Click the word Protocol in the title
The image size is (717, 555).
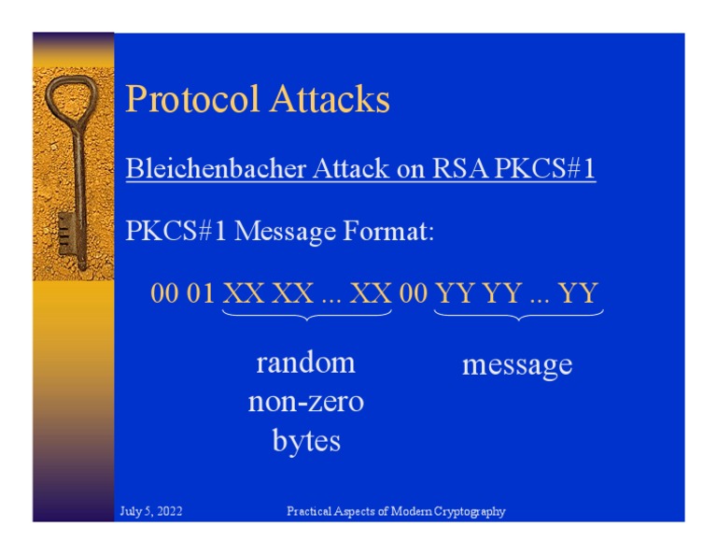pos(188,99)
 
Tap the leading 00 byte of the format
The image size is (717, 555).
pos(164,294)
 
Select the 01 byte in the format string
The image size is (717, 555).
pos(201,294)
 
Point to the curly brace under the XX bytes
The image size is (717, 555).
pos(306,317)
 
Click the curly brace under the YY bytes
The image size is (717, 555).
pos(518,317)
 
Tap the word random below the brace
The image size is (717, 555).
pos(305,363)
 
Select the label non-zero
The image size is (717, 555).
pos(305,402)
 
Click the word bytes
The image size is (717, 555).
pos(305,440)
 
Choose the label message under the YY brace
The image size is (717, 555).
pos(517,364)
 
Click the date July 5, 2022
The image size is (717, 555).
pos(151,511)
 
